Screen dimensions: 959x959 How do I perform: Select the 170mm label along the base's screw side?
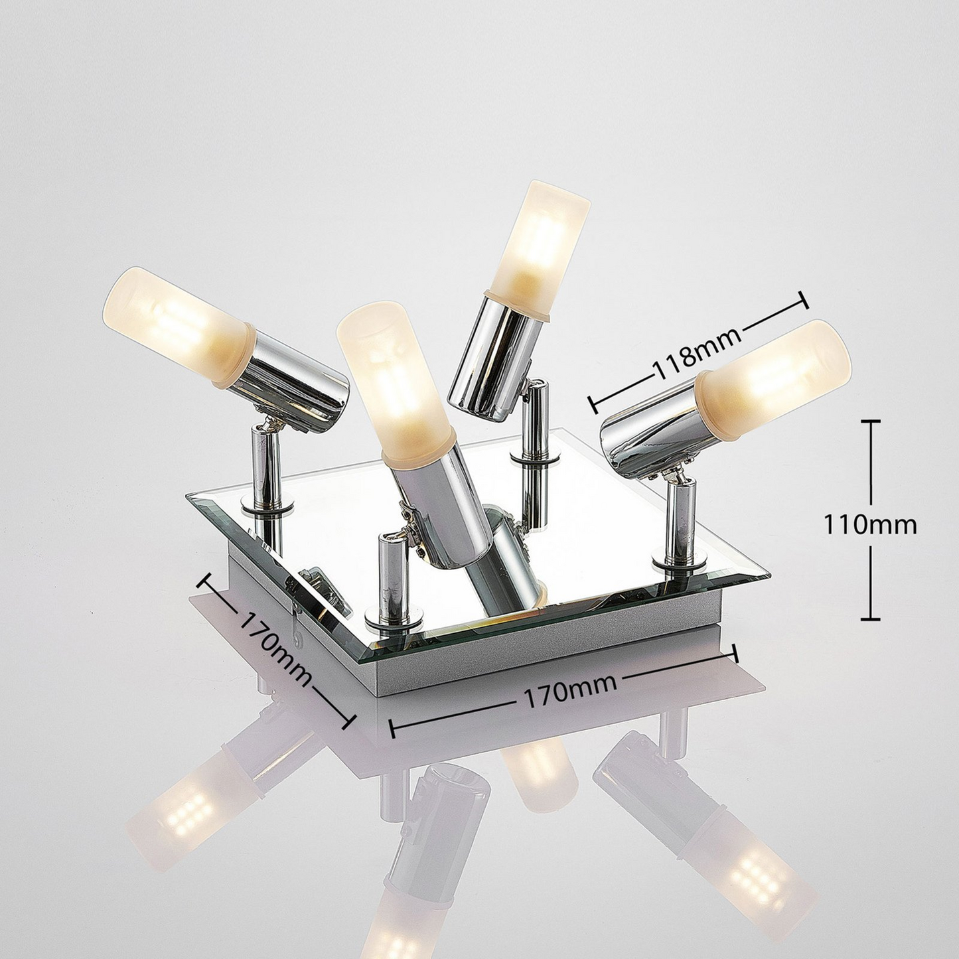(275, 650)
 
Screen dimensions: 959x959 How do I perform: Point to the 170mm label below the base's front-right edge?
(563, 692)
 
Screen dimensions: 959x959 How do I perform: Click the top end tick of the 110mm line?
(870, 421)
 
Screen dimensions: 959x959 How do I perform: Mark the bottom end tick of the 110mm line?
(870, 619)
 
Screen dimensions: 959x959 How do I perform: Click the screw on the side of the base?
(298, 639)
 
